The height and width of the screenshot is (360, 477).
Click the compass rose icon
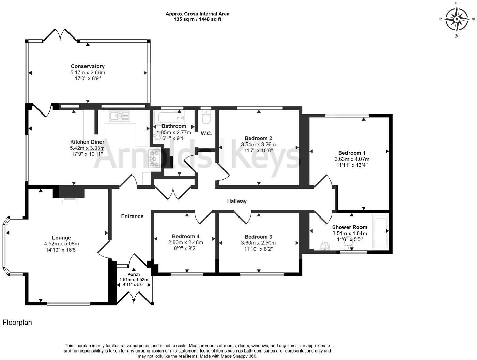457,19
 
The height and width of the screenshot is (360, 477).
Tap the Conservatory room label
88,66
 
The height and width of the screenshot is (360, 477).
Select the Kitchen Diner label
87,142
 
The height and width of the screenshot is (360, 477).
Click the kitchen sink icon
119,116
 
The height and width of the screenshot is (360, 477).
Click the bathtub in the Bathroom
169,118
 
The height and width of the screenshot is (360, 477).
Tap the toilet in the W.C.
206,118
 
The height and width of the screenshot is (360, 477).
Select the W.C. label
206,133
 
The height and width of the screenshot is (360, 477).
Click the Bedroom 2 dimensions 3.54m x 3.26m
258,145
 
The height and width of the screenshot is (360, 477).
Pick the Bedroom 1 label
352,153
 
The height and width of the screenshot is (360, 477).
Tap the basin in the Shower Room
326,246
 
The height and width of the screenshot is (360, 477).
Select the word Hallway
237,201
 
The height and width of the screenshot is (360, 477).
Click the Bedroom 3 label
258,237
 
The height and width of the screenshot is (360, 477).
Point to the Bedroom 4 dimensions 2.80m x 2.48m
186,242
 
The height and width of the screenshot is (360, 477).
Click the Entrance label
132,216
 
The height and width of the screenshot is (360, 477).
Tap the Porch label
134,274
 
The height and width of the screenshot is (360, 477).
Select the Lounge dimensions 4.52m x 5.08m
61,244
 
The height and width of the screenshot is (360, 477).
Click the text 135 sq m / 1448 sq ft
197,19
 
